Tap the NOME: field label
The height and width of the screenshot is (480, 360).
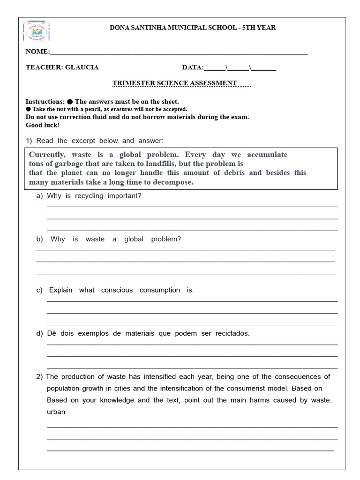point(37,52)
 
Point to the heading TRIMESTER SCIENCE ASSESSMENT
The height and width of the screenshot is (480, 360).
point(174,83)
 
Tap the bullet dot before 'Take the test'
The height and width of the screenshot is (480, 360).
point(28,109)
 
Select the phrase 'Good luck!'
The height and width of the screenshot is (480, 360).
point(43,125)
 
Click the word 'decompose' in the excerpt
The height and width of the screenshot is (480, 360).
point(172,182)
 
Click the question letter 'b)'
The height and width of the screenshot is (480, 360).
point(39,239)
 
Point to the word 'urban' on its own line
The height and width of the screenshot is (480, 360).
point(56,412)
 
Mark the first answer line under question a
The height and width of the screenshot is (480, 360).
point(192,207)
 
